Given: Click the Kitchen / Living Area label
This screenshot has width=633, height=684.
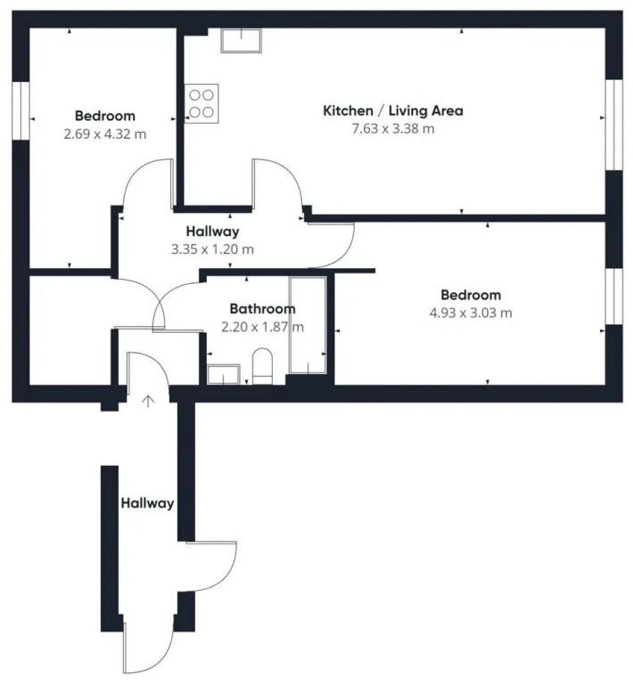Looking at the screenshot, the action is pos(393,110).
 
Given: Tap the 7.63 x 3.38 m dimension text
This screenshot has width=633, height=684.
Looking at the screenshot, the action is pos(393,128).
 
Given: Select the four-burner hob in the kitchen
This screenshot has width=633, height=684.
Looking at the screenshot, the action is pos(201,104).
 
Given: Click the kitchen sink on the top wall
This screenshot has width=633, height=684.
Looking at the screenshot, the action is pos(241,41).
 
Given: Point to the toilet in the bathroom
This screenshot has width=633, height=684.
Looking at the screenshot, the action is pos(262,365).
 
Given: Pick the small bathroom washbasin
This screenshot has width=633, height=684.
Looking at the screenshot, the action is pos(224,374).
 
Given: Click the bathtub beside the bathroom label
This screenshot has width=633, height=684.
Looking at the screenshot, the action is pos(308,325).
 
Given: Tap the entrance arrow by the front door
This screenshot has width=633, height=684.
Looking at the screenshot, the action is pos(148,402).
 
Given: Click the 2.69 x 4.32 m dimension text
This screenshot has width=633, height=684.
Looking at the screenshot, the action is pos(105,134).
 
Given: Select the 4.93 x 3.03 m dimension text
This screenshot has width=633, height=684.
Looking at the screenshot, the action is pos(471,313).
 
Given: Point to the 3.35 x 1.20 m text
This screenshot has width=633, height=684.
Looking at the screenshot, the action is pos(212,249).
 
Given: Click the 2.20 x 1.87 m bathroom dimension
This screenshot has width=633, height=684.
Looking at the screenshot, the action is pos(262,327).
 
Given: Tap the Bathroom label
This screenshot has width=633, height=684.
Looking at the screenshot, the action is pos(262,309).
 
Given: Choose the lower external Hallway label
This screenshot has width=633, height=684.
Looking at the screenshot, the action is pos(147,503).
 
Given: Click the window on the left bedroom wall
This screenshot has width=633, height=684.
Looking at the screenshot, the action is pos(21,110).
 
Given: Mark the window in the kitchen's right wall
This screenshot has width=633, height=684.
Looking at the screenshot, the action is pos(613,125).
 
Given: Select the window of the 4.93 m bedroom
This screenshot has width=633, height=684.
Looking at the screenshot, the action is pos(613,297).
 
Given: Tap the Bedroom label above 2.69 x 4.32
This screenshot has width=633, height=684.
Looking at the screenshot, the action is pos(105,116).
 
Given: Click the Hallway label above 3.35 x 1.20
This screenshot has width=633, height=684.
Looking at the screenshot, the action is pos(212,232).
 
